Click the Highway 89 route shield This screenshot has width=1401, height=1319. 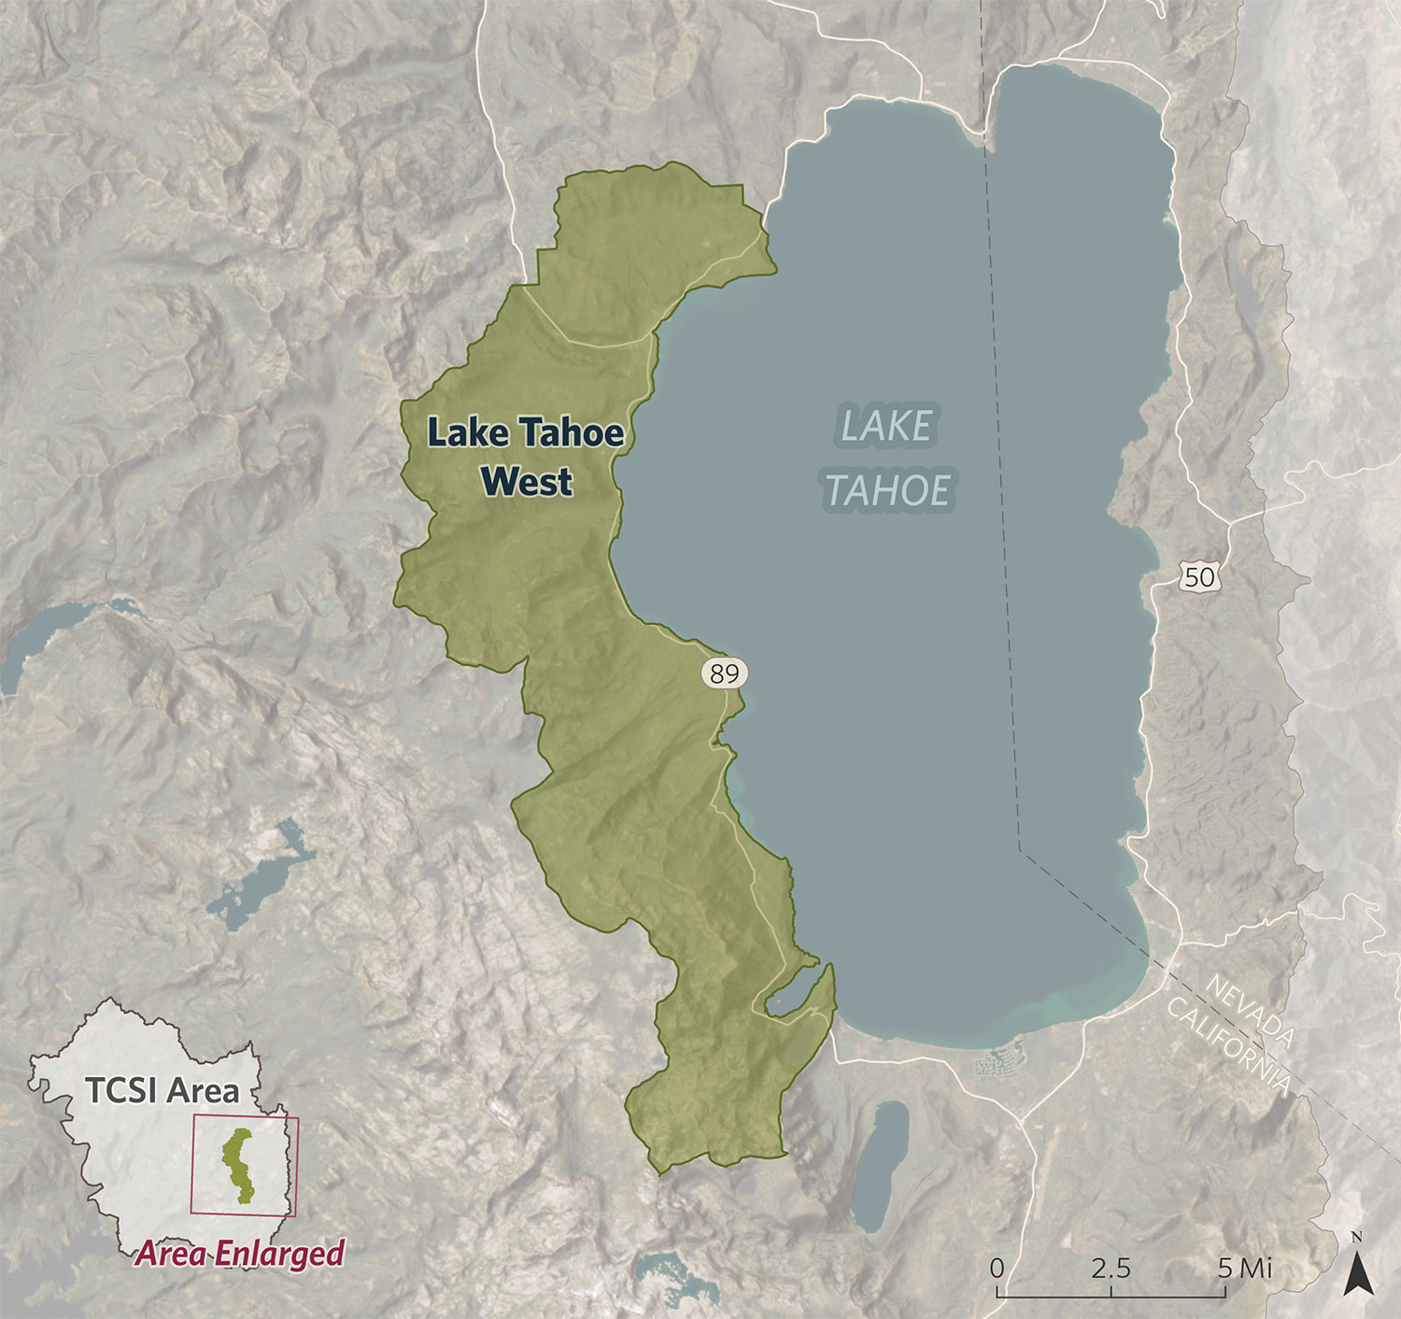pos(724,673)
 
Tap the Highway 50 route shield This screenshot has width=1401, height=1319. pos(1199,577)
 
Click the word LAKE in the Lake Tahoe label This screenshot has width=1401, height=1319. pos(886,427)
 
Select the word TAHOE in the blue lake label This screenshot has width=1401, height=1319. pos(887,491)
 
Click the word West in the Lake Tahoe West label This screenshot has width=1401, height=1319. pos(526,482)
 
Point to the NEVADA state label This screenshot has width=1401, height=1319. pos(1250,1012)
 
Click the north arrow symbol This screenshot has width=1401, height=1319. pos(1356,1271)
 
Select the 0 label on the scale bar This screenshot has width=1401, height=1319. pos(997,1268)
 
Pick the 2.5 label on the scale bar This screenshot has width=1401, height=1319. pos(1111,1268)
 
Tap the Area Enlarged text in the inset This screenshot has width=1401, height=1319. pos(240,1254)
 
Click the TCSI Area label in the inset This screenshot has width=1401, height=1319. pos(162,1090)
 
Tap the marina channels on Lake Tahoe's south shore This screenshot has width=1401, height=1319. pos(999,1063)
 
